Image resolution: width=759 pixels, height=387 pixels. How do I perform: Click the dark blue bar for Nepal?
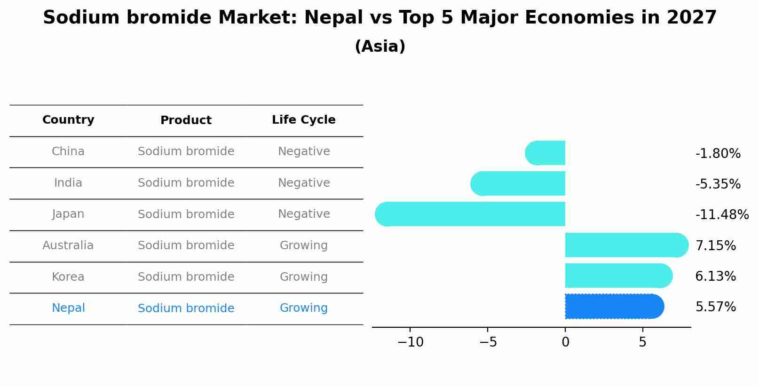coord(614,307)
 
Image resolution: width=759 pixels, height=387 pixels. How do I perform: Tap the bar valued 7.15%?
coord(625,245)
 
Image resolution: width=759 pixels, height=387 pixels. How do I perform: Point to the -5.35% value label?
coord(718,184)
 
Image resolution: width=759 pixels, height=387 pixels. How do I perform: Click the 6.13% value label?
coord(715,276)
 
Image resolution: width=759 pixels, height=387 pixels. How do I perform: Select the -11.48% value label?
coord(722,214)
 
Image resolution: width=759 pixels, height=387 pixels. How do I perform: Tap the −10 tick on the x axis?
coord(410,342)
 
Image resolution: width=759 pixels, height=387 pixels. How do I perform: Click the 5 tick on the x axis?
coord(642,342)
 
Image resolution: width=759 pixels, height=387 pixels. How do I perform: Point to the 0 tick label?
coord(565,342)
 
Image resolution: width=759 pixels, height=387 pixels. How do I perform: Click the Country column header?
coord(68,120)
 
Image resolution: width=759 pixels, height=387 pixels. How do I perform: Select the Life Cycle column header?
coord(304,120)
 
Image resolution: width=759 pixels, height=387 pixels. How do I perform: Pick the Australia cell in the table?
coord(68,245)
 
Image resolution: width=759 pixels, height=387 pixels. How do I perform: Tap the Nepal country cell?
coord(68,308)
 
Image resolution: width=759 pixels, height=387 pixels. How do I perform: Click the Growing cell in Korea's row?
coord(304,277)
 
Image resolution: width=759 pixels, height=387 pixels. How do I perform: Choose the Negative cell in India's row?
coord(304,183)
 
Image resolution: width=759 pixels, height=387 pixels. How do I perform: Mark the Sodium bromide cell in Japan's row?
coord(186,214)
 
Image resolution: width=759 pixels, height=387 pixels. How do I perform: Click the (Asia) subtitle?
coord(380,47)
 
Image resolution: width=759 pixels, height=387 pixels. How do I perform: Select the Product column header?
coord(186,120)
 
